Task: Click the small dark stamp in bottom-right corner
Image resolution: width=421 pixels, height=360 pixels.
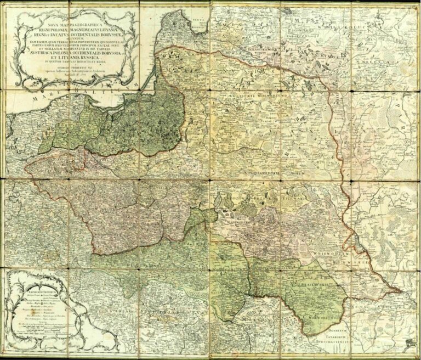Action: [408, 342]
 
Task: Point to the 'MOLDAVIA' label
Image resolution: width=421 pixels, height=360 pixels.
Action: [241, 317]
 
